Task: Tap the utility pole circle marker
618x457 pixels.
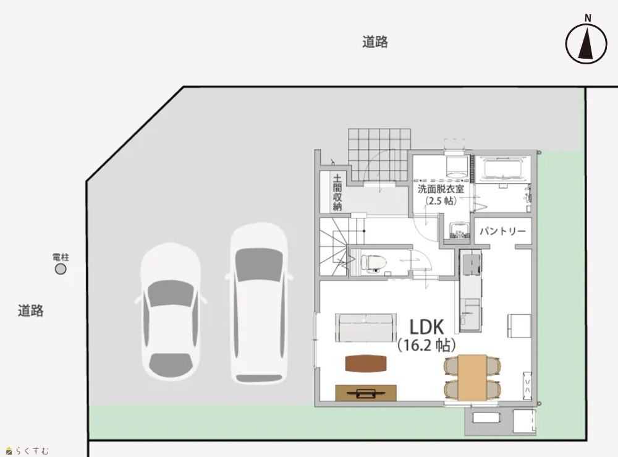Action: tap(61, 269)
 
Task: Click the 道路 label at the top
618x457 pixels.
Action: tap(375, 42)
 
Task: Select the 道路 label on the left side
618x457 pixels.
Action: tap(30, 310)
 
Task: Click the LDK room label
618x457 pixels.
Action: tap(427, 327)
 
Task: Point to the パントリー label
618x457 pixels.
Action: tap(502, 231)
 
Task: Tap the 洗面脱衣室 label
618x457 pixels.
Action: tap(441, 189)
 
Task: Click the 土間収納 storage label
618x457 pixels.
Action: tap(337, 193)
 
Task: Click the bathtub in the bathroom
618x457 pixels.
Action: tap(503, 169)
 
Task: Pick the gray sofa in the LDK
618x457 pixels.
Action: tap(366, 328)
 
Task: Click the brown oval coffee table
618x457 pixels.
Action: tap(366, 363)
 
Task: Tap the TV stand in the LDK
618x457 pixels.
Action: tap(366, 393)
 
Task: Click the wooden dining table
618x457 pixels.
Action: tap(472, 377)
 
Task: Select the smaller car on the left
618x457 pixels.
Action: tap(171, 311)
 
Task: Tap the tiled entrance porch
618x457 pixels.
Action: tap(380, 155)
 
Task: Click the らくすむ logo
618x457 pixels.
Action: tap(27, 450)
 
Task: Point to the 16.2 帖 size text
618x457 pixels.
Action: tap(427, 346)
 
